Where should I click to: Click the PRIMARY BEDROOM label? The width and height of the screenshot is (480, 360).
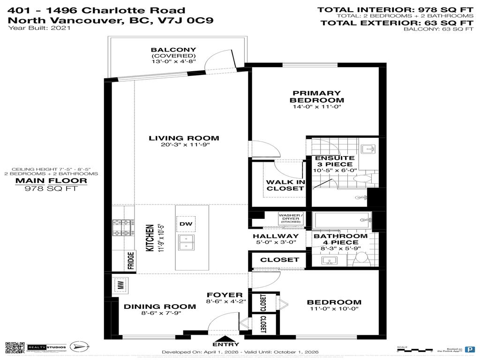(x=316, y=97)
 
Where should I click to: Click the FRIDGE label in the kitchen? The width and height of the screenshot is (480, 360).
(x=131, y=261)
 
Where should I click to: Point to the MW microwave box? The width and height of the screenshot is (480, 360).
(x=120, y=285)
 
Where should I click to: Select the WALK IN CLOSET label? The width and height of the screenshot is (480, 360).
(x=285, y=185)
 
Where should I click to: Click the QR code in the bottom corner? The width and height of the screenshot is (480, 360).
(x=15, y=348)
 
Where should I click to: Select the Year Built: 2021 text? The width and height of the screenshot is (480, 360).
(x=39, y=28)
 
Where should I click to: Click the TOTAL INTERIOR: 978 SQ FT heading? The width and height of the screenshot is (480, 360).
(x=395, y=9)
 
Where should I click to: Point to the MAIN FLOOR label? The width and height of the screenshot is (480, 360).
(x=51, y=180)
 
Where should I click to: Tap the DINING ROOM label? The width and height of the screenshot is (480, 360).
(x=160, y=307)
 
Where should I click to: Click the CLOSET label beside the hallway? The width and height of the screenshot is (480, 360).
(x=279, y=260)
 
